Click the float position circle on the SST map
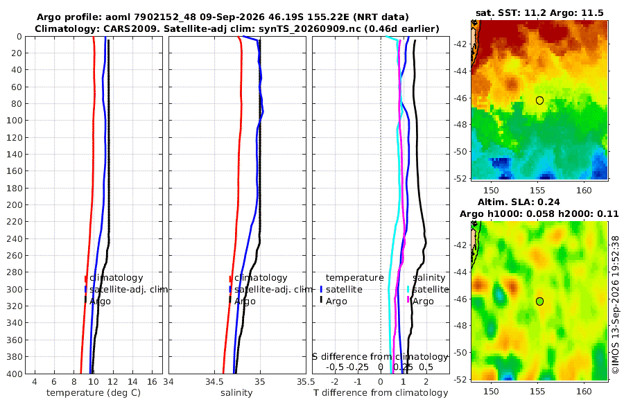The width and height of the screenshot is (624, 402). coord(539,101)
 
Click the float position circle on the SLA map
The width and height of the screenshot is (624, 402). coord(539,301)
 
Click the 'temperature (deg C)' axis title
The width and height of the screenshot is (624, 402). coord(94,393)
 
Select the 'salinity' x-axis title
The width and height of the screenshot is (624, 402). coord(236,393)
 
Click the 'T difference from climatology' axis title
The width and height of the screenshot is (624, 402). coord(381,393)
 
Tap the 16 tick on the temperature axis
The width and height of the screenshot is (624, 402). coord(152,382)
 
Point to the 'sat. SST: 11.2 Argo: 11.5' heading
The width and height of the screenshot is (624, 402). coord(539,12)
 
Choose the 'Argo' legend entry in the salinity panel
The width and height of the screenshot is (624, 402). coord(245,301)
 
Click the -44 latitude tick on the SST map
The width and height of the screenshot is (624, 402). coord(461,71)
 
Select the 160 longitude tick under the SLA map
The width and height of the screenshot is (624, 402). coord(584,391)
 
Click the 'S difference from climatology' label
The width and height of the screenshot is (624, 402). coord(381,357)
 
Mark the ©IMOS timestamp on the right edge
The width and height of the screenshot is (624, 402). coord(615,305)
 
